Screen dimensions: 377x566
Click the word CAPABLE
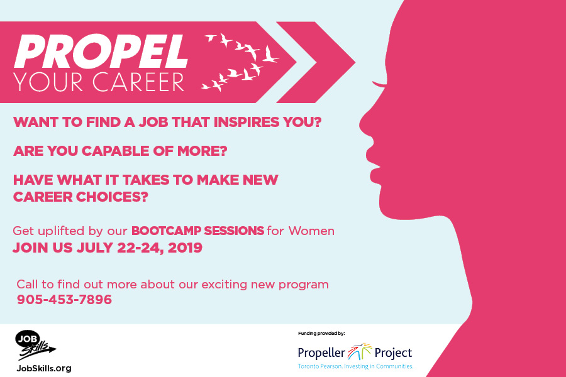110,151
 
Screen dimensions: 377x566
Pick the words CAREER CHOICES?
80,196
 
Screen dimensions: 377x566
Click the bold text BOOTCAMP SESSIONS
197,231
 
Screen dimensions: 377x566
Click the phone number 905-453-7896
64,300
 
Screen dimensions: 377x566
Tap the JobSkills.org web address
43,368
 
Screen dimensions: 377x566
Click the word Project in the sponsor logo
393,352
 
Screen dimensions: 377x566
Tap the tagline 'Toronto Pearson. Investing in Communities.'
355,366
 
